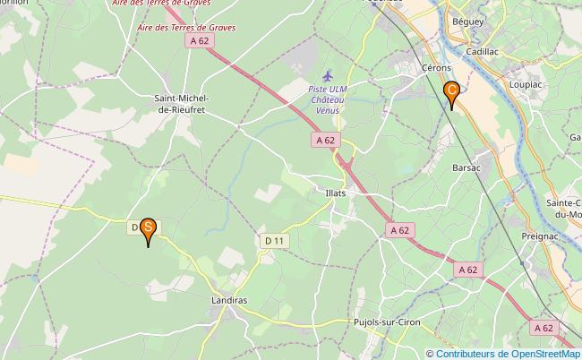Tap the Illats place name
pyautogui.click(x=336, y=193)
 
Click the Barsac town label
pyautogui.click(x=467, y=167)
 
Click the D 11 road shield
pyautogui.click(x=274, y=241)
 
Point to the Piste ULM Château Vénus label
pyautogui.click(x=325, y=99)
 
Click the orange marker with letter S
pyautogui.click(x=149, y=230)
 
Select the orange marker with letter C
pyautogui.click(x=453, y=91)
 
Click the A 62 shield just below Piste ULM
pyautogui.click(x=326, y=140)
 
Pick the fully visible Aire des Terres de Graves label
pyautogui.click(x=187, y=28)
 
